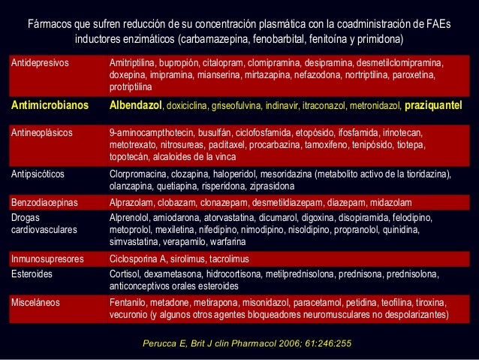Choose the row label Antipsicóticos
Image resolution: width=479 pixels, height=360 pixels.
tap(37, 174)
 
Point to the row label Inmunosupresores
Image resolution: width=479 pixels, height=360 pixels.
tap(44, 259)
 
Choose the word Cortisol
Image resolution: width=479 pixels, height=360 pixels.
tap(124, 274)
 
